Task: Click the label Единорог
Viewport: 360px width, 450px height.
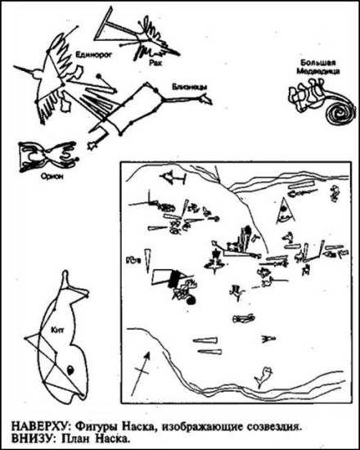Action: coord(93,54)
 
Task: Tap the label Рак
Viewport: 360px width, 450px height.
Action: coord(155,62)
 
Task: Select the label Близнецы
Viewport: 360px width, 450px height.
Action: coord(189,87)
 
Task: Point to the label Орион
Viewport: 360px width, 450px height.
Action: coord(52,177)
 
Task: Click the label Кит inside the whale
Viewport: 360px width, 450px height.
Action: coord(57,330)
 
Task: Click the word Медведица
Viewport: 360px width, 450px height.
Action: coord(318,71)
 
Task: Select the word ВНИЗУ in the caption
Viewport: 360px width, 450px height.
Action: coord(32,439)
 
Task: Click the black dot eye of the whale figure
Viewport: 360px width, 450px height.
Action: coord(70,370)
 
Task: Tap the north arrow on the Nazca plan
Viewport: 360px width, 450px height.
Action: coord(141,374)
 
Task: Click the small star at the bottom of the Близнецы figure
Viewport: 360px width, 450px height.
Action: coord(92,146)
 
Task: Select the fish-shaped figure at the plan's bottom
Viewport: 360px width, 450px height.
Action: coord(263,377)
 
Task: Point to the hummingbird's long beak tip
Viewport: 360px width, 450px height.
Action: coord(15,66)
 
